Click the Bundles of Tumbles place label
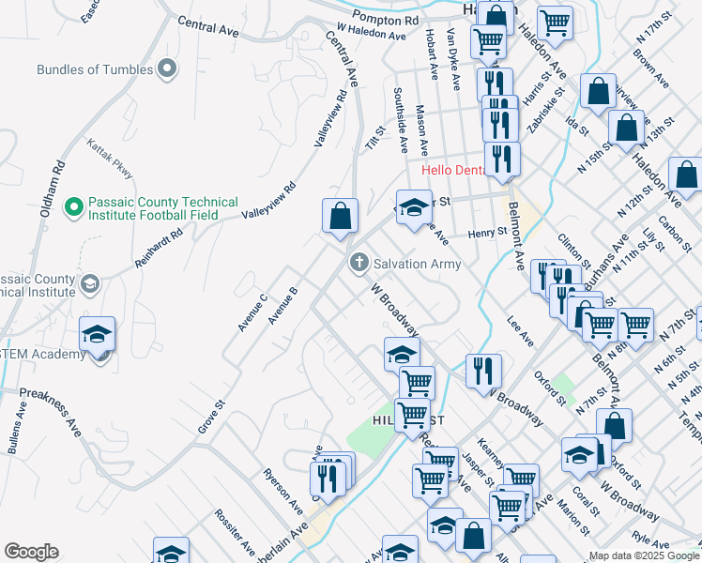click(x=96, y=69)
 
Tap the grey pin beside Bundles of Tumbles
click(x=168, y=68)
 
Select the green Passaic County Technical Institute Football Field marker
click(x=74, y=205)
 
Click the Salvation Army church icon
click(x=358, y=263)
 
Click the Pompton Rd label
click(x=386, y=19)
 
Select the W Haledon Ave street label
click(x=371, y=34)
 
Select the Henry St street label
click(x=487, y=232)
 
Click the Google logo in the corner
click(x=31, y=552)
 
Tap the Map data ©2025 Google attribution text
click(x=644, y=555)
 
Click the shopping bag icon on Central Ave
click(x=340, y=216)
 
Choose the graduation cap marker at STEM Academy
click(x=97, y=335)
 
